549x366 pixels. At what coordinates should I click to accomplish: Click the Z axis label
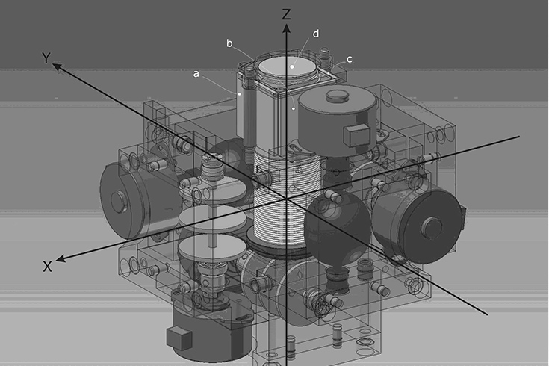point(286,14)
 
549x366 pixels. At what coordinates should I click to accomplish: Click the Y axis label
point(46,58)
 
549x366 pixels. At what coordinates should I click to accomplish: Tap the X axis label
point(47,267)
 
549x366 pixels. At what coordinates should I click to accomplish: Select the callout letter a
point(196,74)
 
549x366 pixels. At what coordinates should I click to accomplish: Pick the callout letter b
point(229,43)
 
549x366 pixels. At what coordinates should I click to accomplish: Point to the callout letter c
point(349,60)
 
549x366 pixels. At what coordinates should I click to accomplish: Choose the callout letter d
point(316,34)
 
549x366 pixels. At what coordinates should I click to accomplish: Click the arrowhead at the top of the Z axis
point(287,28)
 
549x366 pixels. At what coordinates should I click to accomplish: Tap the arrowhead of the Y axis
point(57,66)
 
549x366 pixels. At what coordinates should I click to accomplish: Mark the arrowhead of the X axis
point(61,259)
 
